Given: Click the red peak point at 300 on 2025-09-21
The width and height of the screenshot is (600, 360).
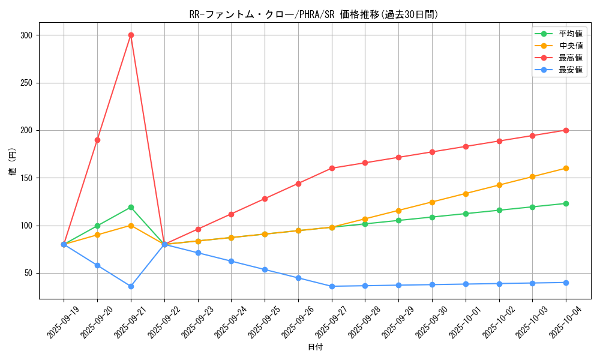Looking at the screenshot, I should pos(131,35).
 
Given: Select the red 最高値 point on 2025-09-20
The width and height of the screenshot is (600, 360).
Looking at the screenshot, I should pos(97,140).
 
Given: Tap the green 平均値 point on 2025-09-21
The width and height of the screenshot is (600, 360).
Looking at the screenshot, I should pos(131,207).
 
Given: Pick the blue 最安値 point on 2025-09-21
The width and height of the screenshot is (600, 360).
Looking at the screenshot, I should pos(131,286).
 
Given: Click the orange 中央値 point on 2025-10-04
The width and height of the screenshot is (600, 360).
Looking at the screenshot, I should pos(566,168).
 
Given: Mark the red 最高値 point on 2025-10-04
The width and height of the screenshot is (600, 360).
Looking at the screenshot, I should pos(566,130).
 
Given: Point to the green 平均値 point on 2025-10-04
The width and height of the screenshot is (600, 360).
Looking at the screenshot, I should pos(566,203).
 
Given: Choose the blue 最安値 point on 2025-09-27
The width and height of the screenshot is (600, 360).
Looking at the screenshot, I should pos(332,286).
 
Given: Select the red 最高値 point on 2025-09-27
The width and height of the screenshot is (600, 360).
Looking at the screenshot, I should pos(332,168).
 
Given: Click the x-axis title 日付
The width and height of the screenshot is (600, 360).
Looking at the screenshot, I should pos(315,347).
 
